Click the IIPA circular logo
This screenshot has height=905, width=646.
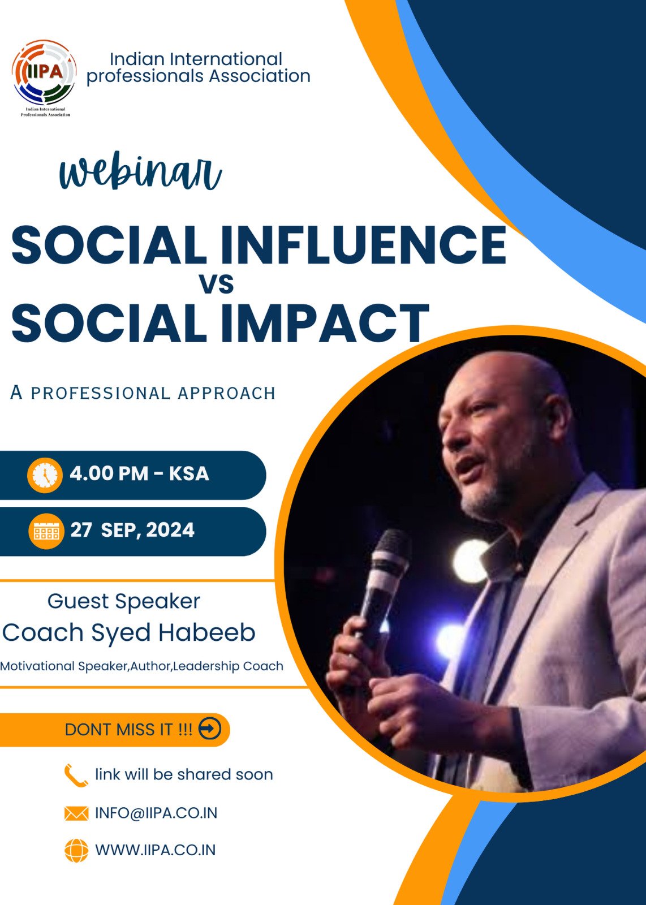pos(44,73)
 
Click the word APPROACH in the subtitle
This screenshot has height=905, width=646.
pos(227,393)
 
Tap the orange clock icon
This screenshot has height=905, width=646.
pos(45,475)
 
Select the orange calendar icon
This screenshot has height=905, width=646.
pos(46,531)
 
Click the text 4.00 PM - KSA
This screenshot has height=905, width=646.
pos(139,473)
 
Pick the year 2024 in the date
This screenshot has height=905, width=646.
pos(170,529)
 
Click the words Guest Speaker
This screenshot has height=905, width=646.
pos(124,602)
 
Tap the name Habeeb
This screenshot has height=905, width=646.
pos(206,632)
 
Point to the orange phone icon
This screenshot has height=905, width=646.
pos(76,775)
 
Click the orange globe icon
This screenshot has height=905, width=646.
pos(76,851)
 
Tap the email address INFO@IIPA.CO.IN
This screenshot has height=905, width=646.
pos(156,813)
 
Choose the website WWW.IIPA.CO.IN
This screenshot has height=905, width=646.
pos(155,850)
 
